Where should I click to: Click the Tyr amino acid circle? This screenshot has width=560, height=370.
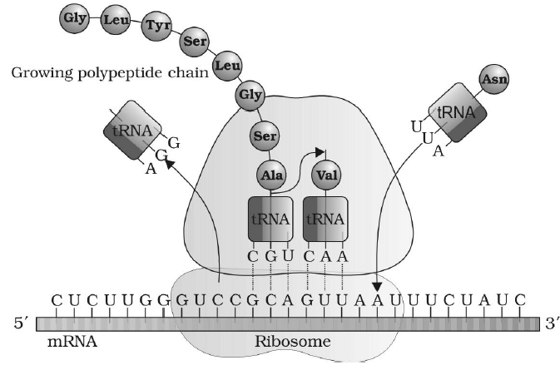coord(157,26)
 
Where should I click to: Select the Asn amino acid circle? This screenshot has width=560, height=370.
coord(494,79)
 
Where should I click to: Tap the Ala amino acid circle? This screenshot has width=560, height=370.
coord(272,175)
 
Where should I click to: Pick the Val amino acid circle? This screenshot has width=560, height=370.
coord(327,175)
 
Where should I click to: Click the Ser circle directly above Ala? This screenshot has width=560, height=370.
coord(265,136)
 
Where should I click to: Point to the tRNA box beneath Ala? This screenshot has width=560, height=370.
coord(270,219)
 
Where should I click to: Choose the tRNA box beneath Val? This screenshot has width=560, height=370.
coord(325,219)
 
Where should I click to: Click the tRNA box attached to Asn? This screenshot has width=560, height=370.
coord(457,113)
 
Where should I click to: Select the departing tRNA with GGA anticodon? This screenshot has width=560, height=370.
coord(132,130)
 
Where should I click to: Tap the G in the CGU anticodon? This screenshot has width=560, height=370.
coord(271,256)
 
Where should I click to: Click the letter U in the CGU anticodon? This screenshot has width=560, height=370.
coord(288,256)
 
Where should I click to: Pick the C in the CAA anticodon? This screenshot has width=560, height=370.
coord(309,256)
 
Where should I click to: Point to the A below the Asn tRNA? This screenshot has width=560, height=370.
coord(439,151)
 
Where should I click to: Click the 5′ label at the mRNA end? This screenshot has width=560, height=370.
coord(21,323)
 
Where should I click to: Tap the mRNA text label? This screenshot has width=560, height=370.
coord(72,342)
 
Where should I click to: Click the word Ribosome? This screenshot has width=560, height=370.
coord(292,342)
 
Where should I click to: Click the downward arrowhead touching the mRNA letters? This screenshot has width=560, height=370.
coord(377,287)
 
